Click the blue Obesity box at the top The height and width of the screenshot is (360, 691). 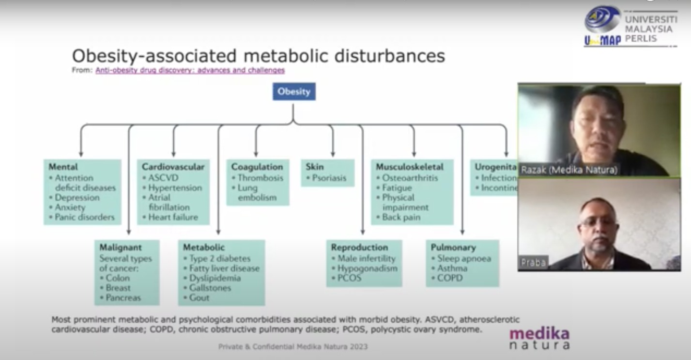click(294, 92)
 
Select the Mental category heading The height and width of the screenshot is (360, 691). click(63, 167)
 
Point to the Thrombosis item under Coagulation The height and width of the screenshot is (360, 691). click(260, 178)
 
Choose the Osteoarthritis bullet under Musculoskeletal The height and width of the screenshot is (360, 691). click(410, 178)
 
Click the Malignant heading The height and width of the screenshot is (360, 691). click(121, 247)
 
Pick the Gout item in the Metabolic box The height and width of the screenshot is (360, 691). click(199, 297)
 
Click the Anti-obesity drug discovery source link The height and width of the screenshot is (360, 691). click(190, 70)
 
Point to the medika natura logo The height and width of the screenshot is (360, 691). click(539, 338)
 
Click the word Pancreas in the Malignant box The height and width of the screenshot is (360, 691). click(123, 297)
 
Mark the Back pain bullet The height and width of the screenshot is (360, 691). click(401, 217)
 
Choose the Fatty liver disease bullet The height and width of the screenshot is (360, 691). click(224, 268)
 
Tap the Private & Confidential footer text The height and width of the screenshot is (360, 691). click(293, 346)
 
